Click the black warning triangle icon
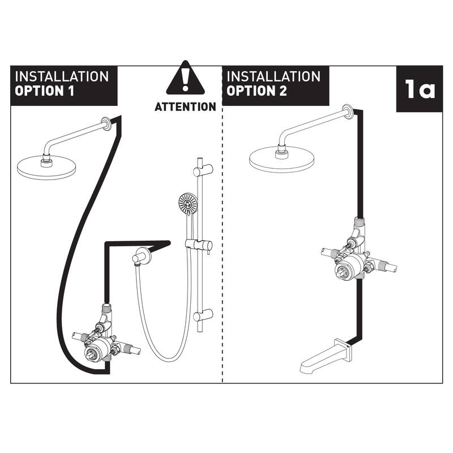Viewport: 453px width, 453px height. (x=185, y=78)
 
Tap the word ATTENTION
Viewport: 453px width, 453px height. (x=185, y=107)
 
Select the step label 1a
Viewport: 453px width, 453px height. (x=420, y=89)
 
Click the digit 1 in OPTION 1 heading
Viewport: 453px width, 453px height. (x=70, y=91)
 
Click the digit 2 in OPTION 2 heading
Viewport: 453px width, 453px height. (x=283, y=91)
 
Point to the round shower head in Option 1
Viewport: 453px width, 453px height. (x=46, y=167)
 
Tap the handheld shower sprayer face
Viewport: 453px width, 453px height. (x=188, y=203)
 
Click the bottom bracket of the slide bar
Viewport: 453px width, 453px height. (x=203, y=315)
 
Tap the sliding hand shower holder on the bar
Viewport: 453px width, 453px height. (x=199, y=245)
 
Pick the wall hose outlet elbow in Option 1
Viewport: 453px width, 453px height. (x=141, y=255)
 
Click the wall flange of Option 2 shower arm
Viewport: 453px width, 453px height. (x=347, y=111)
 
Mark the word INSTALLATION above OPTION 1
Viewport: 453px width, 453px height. (x=62, y=77)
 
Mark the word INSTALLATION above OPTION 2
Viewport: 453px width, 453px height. (x=273, y=77)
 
